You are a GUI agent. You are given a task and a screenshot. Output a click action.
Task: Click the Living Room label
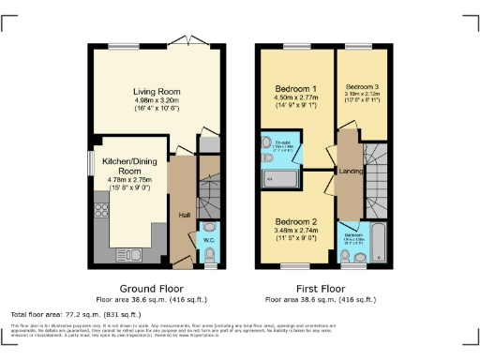point(156,92)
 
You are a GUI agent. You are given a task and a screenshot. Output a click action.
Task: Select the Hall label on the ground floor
point(186,215)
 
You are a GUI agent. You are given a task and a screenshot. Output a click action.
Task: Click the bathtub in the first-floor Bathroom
point(377,241)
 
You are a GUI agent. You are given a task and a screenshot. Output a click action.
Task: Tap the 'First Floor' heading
point(322,288)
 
